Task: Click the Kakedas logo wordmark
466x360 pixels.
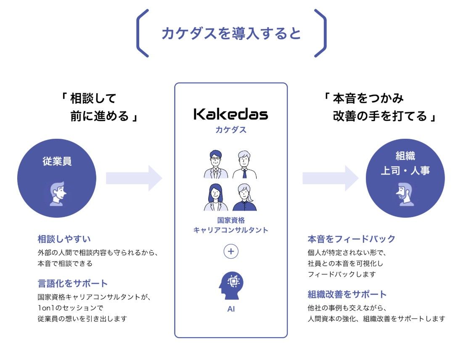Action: [230, 114]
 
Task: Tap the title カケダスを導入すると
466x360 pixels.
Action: [231, 33]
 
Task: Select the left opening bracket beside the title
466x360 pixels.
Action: [142, 33]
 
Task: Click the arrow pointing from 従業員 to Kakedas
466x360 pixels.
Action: [134, 178]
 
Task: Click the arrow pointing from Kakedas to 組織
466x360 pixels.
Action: [330, 178]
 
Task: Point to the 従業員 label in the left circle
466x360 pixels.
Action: [57, 161]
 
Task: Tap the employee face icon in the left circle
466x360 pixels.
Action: [58, 193]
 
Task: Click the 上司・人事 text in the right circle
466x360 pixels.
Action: [405, 171]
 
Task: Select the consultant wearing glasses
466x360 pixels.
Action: [215, 164]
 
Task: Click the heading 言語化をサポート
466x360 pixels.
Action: [72, 283]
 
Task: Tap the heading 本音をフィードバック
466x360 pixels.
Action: [351, 239]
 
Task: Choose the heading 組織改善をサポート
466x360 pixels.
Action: [347, 294]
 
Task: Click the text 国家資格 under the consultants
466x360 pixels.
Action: [230, 220]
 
